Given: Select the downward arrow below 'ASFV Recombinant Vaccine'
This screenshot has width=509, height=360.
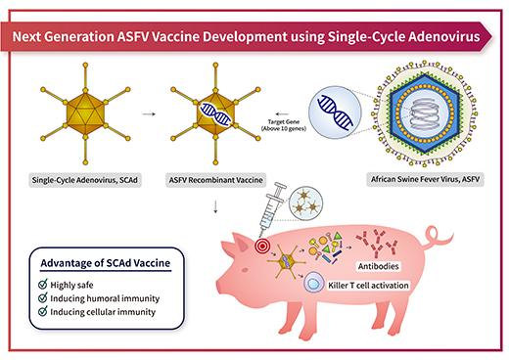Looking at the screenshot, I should (x=213, y=206).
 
